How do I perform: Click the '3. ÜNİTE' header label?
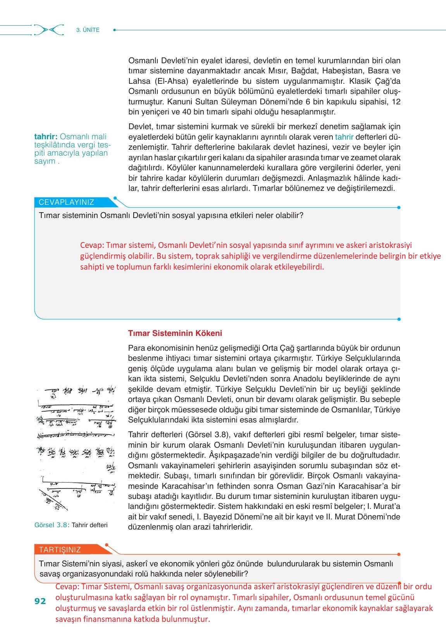[88, 30]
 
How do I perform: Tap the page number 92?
[40, 601]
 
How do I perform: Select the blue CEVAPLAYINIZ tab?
[67, 202]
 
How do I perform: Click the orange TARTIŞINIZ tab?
[60, 549]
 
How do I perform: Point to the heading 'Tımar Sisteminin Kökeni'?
[175, 333]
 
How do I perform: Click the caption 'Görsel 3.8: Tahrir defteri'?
[71, 525]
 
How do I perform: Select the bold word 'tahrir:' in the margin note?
[46, 137]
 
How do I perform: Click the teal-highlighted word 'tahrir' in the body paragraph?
[344, 137]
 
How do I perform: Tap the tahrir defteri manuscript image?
[76, 448]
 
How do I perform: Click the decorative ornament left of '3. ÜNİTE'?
[49, 30]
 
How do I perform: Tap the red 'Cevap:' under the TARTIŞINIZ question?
[67, 587]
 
